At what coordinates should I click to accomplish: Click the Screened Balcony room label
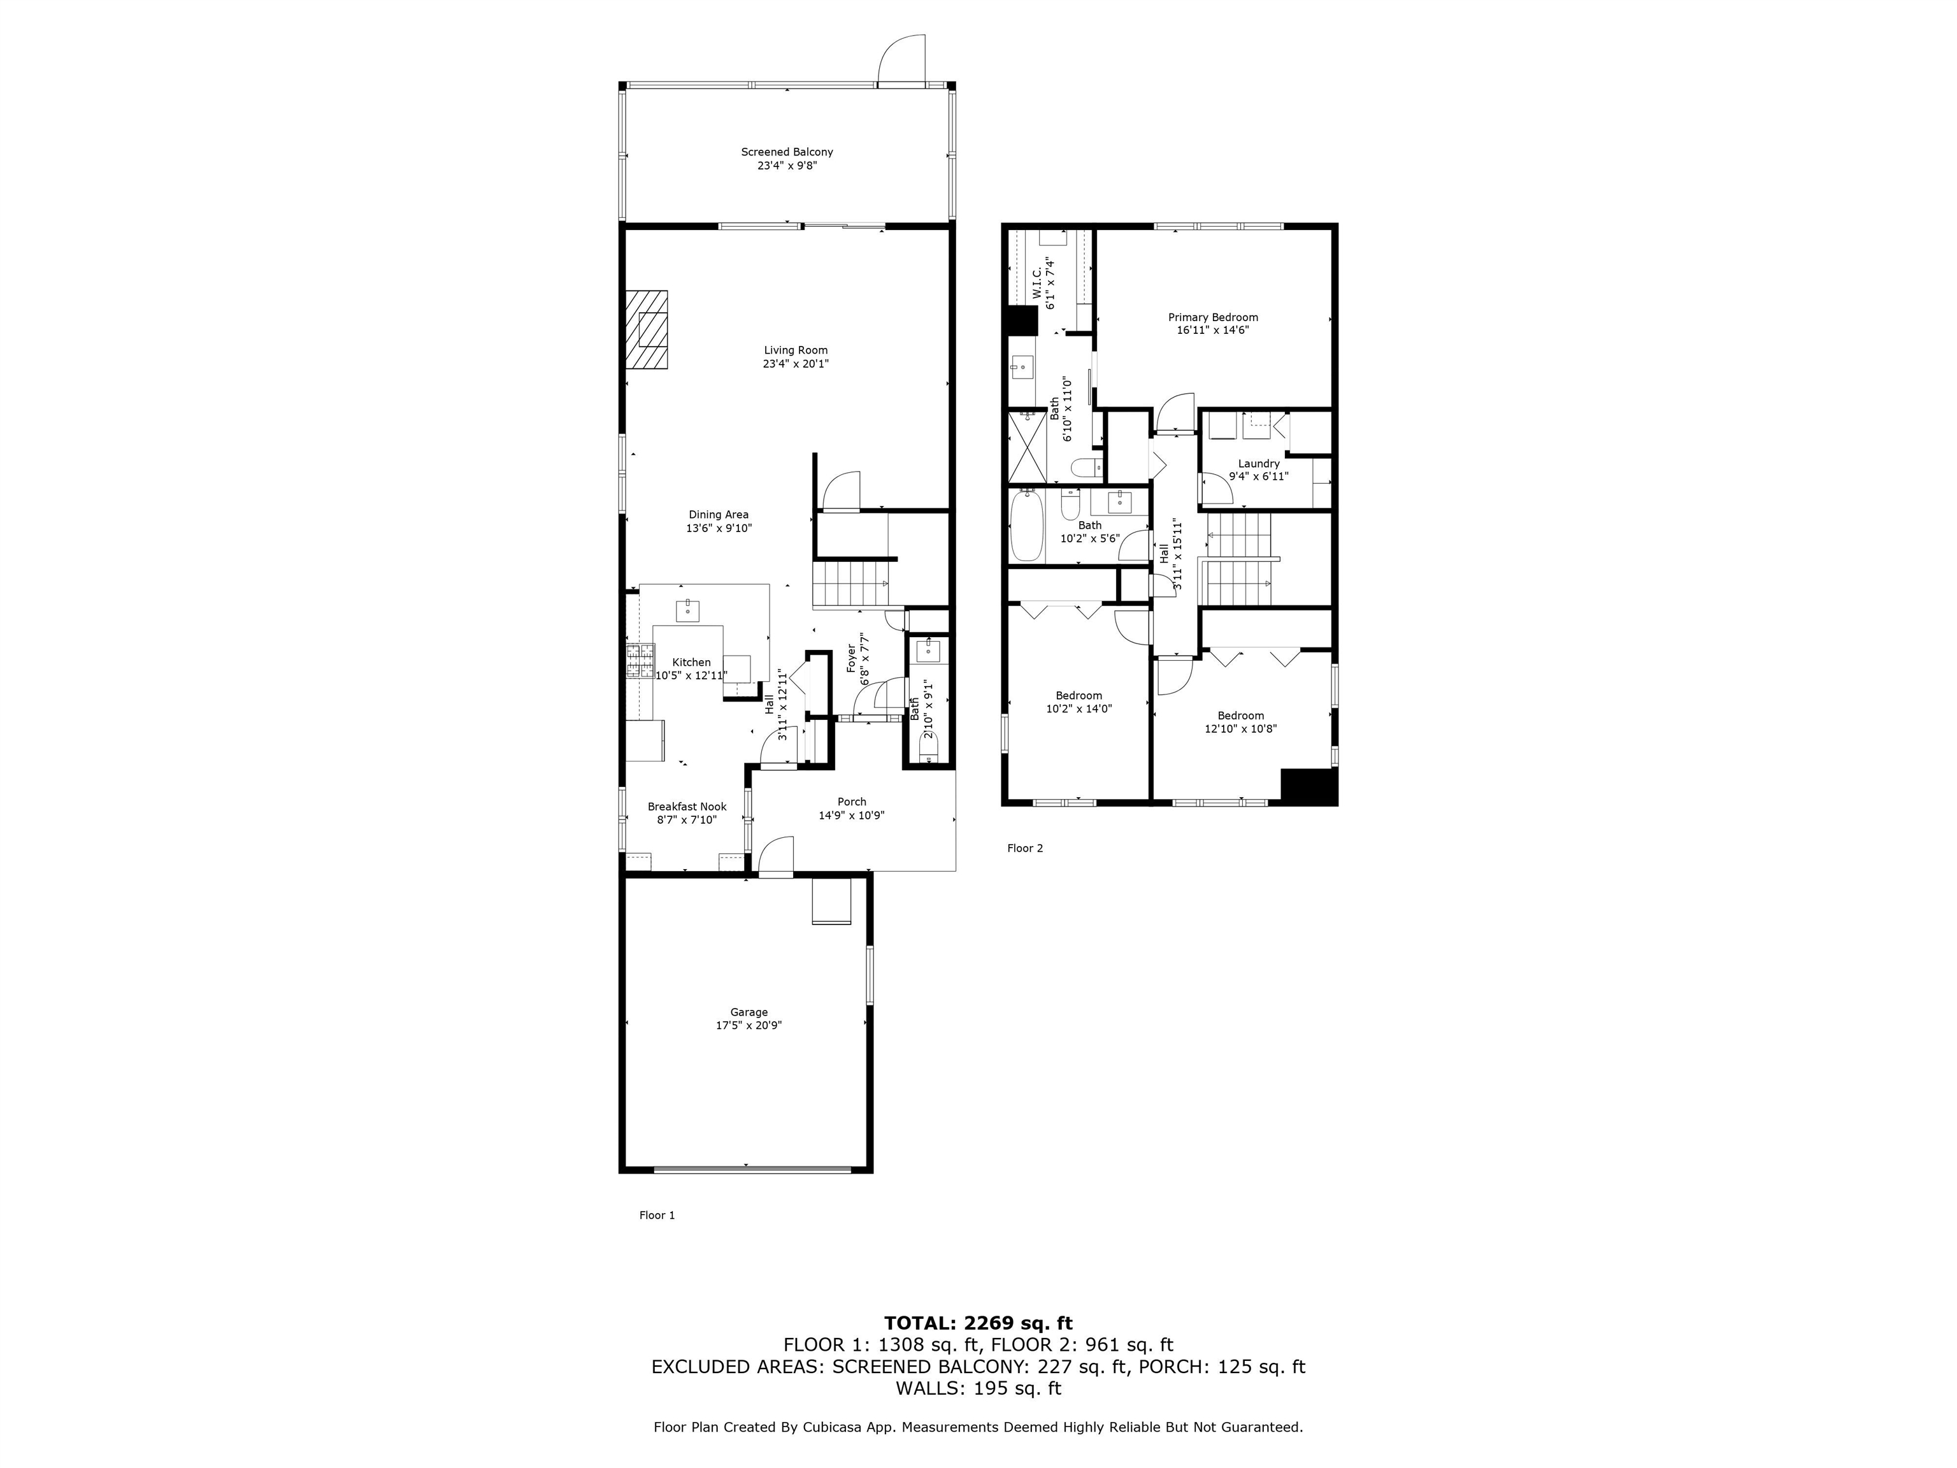click(787, 152)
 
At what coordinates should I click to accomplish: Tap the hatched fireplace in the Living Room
click(647, 329)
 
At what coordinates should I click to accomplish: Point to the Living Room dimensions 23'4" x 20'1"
click(796, 364)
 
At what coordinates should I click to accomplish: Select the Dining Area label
click(719, 515)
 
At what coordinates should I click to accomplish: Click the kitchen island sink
click(688, 610)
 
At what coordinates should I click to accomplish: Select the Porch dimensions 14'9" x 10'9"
click(851, 816)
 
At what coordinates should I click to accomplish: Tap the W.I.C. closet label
click(1037, 283)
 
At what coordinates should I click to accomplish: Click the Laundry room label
click(1258, 464)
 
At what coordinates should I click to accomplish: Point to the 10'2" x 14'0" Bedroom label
click(1079, 696)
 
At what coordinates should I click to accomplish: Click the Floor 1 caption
click(656, 1216)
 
